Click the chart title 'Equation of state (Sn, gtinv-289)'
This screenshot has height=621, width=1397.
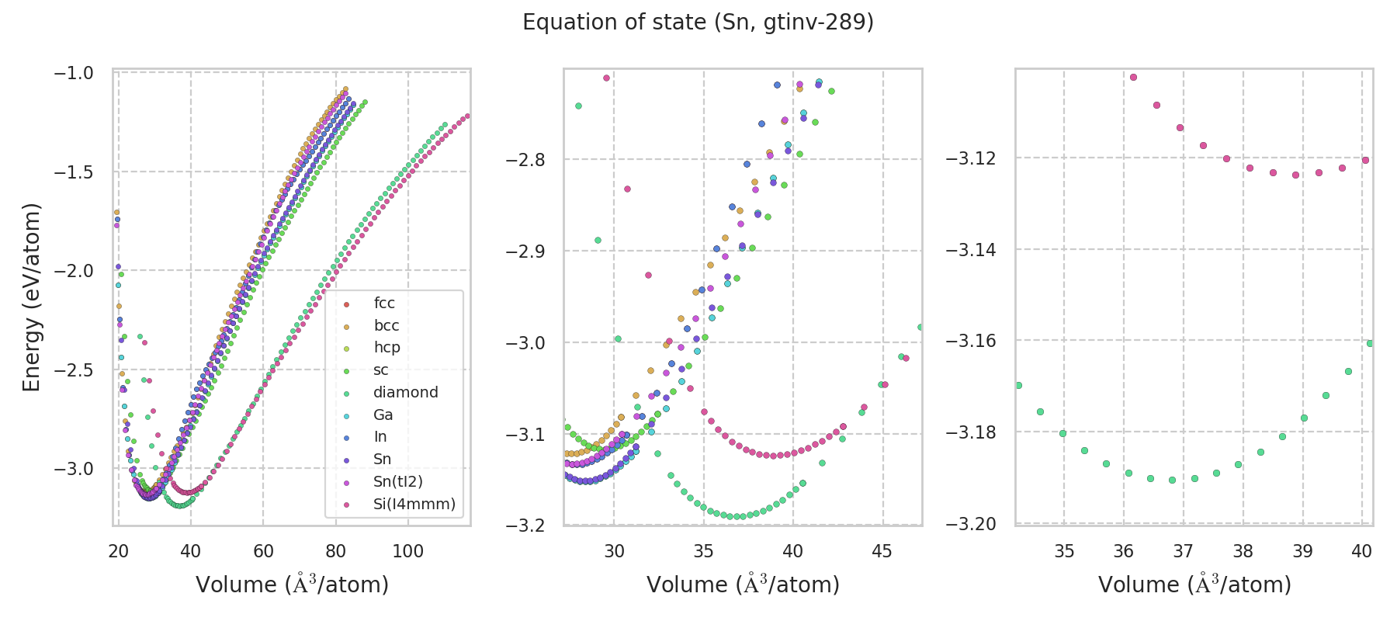(698, 23)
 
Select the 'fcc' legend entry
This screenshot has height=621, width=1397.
(384, 304)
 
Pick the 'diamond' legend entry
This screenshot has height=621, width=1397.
(405, 393)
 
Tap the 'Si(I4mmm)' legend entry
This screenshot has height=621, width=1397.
(414, 505)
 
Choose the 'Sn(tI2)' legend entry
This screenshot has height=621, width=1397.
(397, 482)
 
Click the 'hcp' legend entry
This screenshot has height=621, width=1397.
(387, 348)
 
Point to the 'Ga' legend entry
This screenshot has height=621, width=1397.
(383, 415)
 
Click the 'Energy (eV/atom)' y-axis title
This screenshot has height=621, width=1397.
(31, 297)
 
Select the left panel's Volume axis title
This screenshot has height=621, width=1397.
(292, 585)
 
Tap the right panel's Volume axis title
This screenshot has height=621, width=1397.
(1194, 585)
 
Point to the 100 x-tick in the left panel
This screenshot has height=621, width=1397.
(408, 551)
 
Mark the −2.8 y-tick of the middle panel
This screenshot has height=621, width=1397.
(525, 160)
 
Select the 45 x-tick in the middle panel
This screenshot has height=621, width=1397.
(882, 551)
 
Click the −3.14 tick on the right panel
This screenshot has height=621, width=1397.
(970, 250)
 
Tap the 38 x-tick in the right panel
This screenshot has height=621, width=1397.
(1243, 551)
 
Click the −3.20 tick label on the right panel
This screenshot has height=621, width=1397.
(970, 525)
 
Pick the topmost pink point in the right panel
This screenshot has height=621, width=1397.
(1133, 77)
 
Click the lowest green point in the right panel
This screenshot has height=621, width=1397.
(1172, 480)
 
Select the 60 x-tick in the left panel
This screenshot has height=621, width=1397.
(263, 551)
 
